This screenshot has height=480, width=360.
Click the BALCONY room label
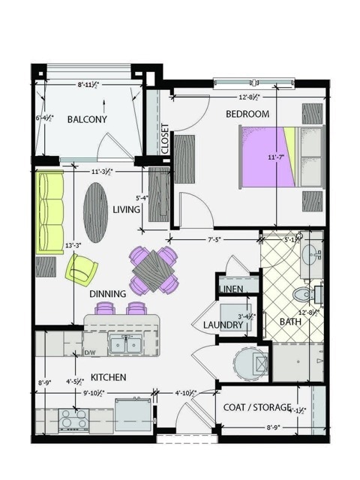click(x=87, y=119)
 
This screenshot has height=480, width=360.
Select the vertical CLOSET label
click(x=165, y=139)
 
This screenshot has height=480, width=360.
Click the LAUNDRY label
click(x=224, y=325)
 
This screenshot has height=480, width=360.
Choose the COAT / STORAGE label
click(x=257, y=406)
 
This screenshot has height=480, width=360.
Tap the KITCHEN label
click(x=108, y=376)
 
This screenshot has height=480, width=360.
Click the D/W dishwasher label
click(x=90, y=352)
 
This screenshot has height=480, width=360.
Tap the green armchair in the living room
click(x=81, y=268)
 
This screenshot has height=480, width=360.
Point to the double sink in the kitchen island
click(x=125, y=344)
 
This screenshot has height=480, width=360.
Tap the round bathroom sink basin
click(x=309, y=251)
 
